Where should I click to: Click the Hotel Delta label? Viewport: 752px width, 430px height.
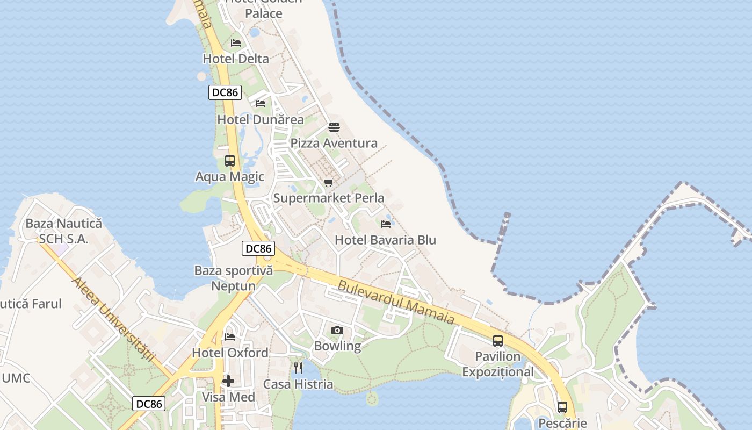pos(236,59)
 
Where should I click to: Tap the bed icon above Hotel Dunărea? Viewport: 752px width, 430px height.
pos(261,103)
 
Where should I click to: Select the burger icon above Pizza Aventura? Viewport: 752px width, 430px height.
pos(334,127)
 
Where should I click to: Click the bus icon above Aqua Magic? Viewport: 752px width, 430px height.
pos(230,160)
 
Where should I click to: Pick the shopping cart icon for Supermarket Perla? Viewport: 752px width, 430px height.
pos(329,183)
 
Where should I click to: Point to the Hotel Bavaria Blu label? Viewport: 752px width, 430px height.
pos(385,240)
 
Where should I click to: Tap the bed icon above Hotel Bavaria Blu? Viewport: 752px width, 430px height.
pos(386,224)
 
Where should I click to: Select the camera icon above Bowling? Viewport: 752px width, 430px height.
pos(337,330)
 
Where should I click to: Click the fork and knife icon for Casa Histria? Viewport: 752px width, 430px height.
pos(298,368)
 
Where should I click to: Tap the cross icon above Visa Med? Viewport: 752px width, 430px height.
pos(228,381)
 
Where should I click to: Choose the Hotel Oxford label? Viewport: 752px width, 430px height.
pos(230,353)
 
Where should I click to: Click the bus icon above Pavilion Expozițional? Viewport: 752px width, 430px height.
pos(498,340)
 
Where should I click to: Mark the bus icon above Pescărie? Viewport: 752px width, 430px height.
pos(562,407)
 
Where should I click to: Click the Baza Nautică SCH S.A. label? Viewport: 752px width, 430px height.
pos(63,231)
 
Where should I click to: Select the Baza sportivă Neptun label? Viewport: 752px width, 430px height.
pos(234,278)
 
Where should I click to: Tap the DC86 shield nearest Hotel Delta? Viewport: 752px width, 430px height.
pos(225,92)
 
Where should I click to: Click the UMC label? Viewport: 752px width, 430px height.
pos(16,378)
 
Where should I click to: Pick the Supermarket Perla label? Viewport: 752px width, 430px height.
pos(329,198)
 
